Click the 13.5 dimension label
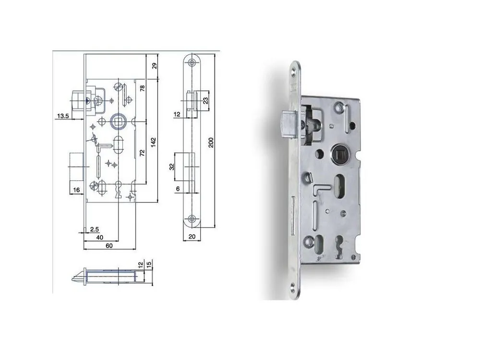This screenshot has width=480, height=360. click(63, 116)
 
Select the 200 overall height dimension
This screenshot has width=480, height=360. click(211, 143)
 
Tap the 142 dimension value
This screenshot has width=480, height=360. click(154, 143)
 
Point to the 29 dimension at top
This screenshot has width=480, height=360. click(155, 66)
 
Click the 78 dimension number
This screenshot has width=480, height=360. click(143, 88)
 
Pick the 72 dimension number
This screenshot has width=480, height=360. click(142, 153)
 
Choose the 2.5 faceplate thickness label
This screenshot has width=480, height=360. click(95, 229)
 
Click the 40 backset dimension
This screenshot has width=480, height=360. click(99, 237)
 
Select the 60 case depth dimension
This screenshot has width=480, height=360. click(109, 245)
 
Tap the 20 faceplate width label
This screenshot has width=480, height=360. click(192, 236)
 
